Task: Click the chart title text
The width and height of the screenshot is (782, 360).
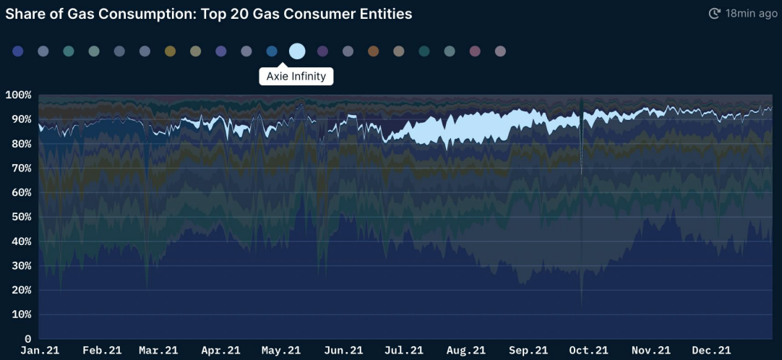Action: coord(208,14)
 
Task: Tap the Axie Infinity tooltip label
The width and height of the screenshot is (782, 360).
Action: coord(296,77)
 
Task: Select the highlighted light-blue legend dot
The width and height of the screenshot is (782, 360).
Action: coord(297,51)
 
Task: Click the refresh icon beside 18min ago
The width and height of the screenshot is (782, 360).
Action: coord(715,14)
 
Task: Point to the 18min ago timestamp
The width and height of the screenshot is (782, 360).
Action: coord(751,14)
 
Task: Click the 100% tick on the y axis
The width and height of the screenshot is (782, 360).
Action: coord(18,95)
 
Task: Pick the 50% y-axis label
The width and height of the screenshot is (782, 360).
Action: coord(22,217)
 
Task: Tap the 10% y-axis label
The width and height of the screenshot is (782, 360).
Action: coord(22,314)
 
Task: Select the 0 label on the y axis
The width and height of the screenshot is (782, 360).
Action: coord(28,339)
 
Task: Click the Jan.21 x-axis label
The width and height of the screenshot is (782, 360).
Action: coord(40,351)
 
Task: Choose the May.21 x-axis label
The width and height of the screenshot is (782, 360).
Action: coord(281,351)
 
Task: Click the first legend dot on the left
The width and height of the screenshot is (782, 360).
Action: coord(18,51)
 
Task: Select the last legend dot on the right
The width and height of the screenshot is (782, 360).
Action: coord(500,51)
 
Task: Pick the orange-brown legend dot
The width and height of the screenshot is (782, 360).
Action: coord(373,51)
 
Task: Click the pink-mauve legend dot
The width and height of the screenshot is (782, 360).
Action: coord(475,51)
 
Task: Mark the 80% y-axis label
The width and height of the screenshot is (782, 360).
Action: coord(22,144)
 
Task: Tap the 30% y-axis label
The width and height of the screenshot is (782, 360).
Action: coord(22,266)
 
